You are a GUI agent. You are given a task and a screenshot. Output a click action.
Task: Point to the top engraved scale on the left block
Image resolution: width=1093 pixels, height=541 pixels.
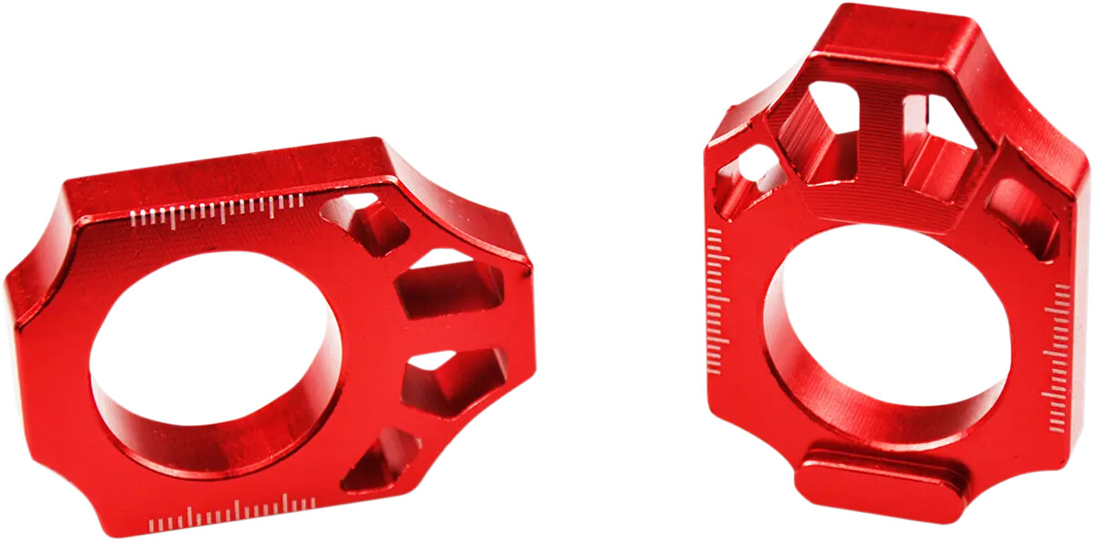coord(219,211)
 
